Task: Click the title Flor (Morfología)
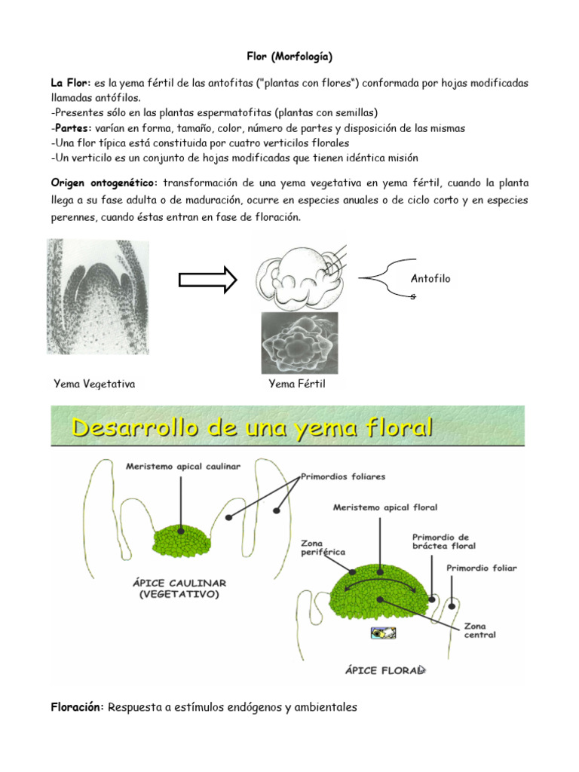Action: tap(289, 57)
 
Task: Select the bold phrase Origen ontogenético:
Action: tap(105, 183)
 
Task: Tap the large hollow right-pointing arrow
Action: tap(207, 280)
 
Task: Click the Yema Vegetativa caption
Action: tap(95, 384)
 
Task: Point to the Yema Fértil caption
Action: tap(297, 384)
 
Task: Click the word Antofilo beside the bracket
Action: tap(430, 278)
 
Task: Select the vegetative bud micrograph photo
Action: tap(98, 296)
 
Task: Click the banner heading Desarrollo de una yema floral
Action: tap(253, 429)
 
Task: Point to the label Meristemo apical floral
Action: tap(385, 507)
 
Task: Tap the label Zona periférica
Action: tap(323, 547)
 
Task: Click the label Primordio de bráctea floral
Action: tap(444, 541)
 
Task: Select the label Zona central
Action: tap(479, 630)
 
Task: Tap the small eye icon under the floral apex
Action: tap(383, 633)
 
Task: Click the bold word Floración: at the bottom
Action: tap(78, 707)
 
